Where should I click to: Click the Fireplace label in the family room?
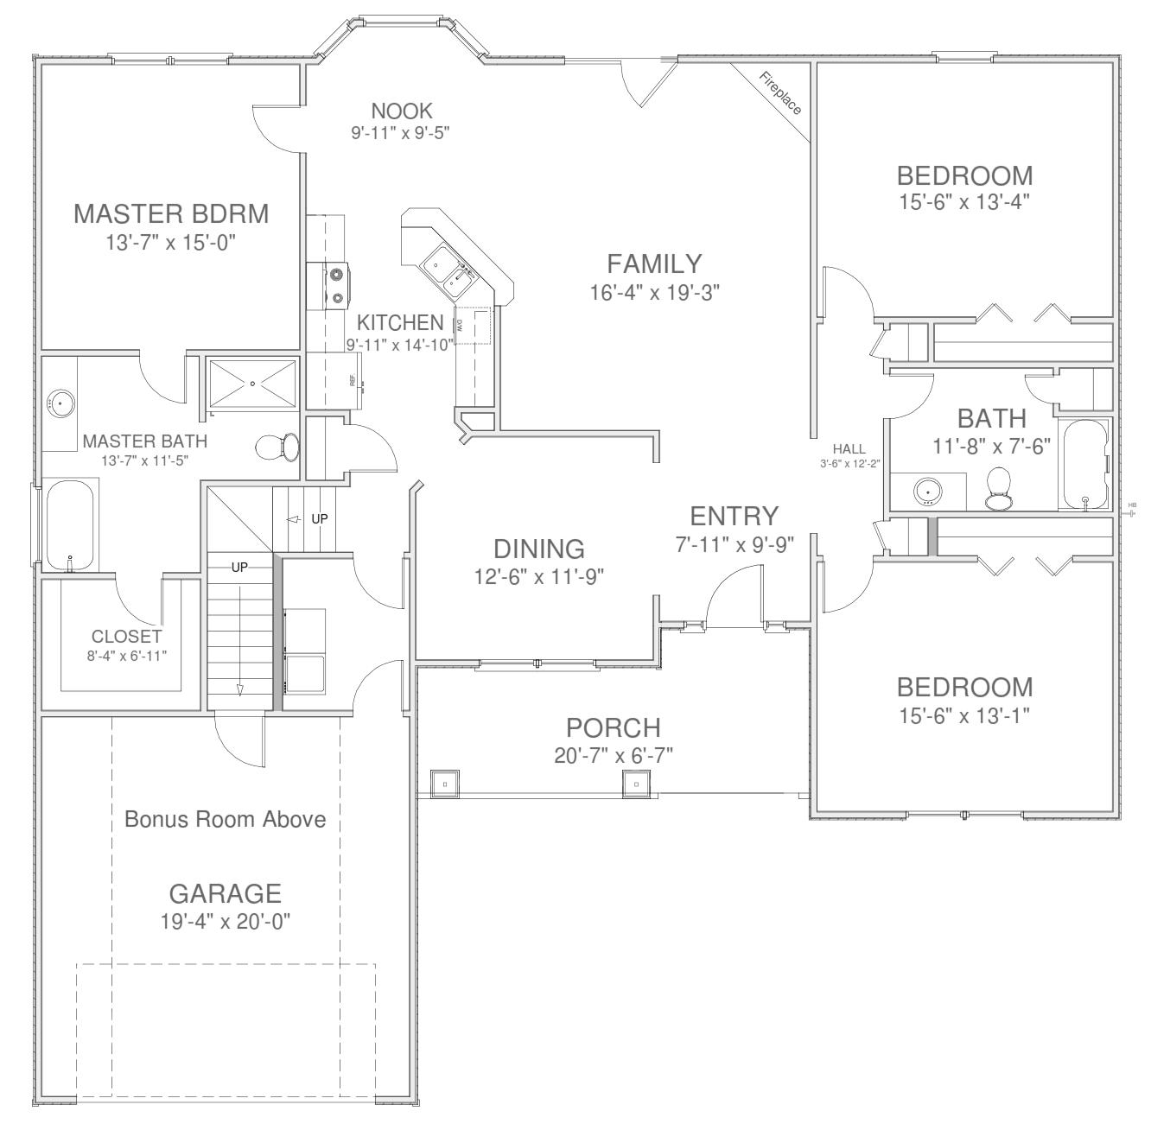780,93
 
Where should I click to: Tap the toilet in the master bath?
277,448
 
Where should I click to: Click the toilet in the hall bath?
999,489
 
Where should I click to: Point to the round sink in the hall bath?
928,491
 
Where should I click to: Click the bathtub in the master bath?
70,525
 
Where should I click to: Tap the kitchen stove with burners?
336,286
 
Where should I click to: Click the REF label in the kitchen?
353,380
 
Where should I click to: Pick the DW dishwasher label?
460,325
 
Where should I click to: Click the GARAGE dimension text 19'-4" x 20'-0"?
225,922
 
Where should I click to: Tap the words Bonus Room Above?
225,819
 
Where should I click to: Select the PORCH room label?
613,727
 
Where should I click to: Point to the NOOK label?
401,111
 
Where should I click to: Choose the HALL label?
849,449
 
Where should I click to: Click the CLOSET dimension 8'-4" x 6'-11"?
126,655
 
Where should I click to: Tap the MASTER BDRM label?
171,213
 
